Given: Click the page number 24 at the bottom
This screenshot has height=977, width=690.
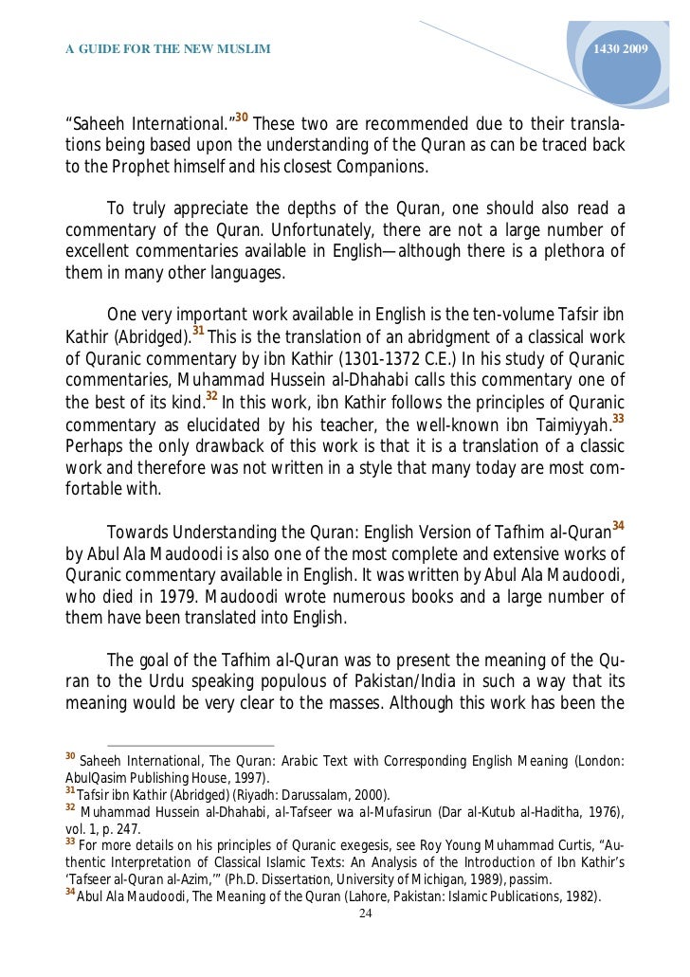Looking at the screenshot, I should [x=365, y=914].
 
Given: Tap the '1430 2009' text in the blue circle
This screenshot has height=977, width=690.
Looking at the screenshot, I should [x=621, y=48].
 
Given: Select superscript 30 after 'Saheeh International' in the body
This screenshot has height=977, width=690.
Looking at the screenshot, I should [x=242, y=118].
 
